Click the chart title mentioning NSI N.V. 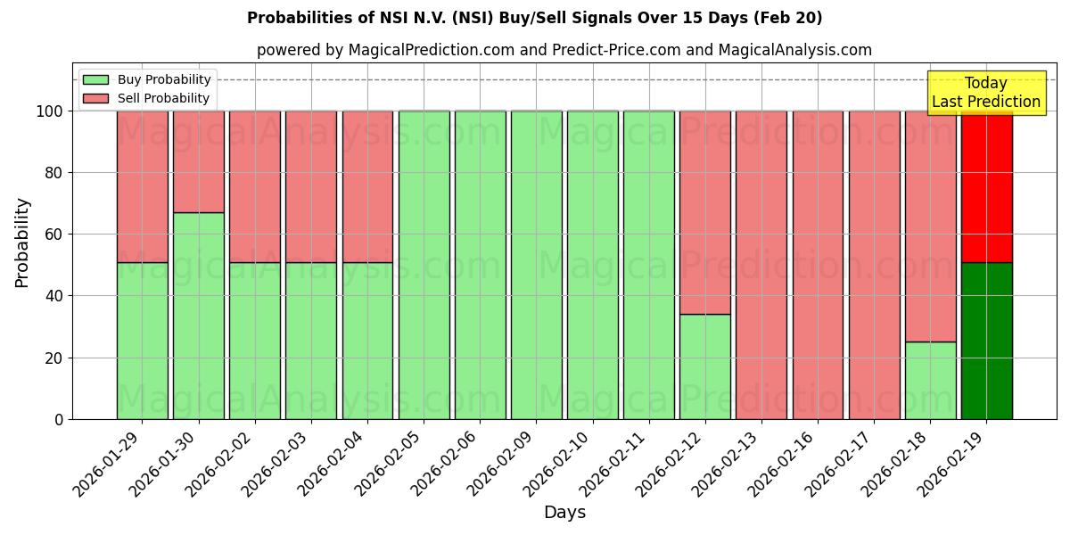tap(534, 18)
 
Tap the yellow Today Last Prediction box tap(985, 93)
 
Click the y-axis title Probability tap(22, 242)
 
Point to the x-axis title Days tap(564, 513)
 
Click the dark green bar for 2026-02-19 tap(986, 341)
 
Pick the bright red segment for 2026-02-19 tap(986, 187)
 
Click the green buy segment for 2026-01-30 tap(198, 316)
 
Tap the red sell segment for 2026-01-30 tap(198, 161)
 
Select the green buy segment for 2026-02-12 tap(704, 366)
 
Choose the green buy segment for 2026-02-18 tap(930, 380)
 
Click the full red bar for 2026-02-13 tap(761, 265)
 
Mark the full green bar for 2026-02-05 tap(424, 265)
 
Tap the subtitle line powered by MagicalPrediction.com tap(564, 50)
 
